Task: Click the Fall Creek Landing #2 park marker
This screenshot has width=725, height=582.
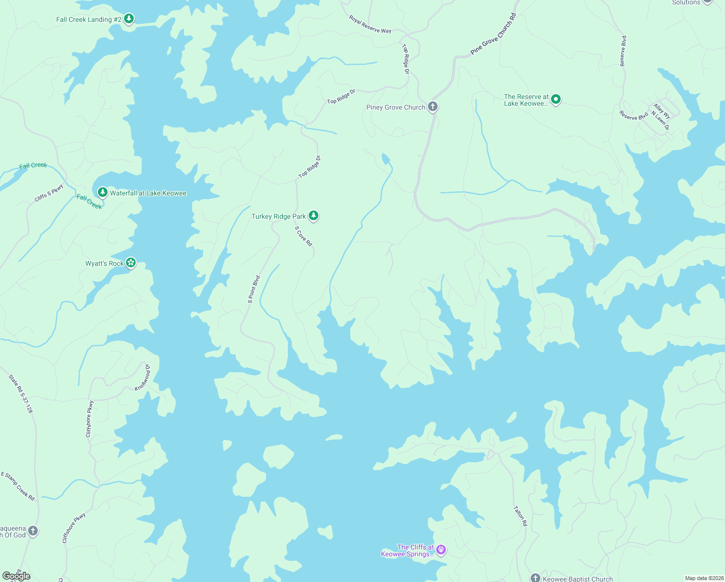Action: (x=128, y=19)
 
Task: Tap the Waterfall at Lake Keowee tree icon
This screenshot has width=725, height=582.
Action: (x=102, y=193)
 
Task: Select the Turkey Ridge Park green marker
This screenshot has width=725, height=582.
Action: (x=314, y=216)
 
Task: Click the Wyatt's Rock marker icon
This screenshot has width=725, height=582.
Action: (x=130, y=263)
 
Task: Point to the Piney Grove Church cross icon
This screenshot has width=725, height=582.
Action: (x=433, y=107)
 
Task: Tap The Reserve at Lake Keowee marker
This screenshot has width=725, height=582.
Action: (x=556, y=99)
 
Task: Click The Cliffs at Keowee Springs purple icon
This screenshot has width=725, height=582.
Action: (x=441, y=550)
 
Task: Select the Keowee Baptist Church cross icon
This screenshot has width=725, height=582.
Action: (x=535, y=578)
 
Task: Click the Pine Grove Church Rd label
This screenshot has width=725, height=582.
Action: (x=493, y=34)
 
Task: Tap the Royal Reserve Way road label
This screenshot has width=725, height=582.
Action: (x=370, y=24)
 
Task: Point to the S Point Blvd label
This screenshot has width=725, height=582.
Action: (x=254, y=290)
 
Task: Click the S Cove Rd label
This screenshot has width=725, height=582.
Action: (x=304, y=236)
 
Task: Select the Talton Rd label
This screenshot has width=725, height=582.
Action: (x=520, y=516)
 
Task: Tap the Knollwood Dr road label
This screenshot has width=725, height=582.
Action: (x=143, y=377)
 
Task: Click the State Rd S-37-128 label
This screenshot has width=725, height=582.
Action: (x=21, y=393)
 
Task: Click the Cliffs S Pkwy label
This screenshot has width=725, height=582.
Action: (x=49, y=193)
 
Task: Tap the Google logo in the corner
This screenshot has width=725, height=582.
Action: (x=16, y=576)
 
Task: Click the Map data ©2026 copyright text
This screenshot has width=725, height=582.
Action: (x=704, y=578)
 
